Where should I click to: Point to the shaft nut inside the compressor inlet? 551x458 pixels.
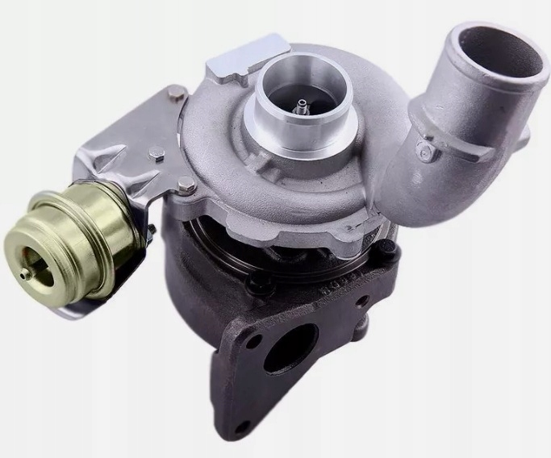302,104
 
